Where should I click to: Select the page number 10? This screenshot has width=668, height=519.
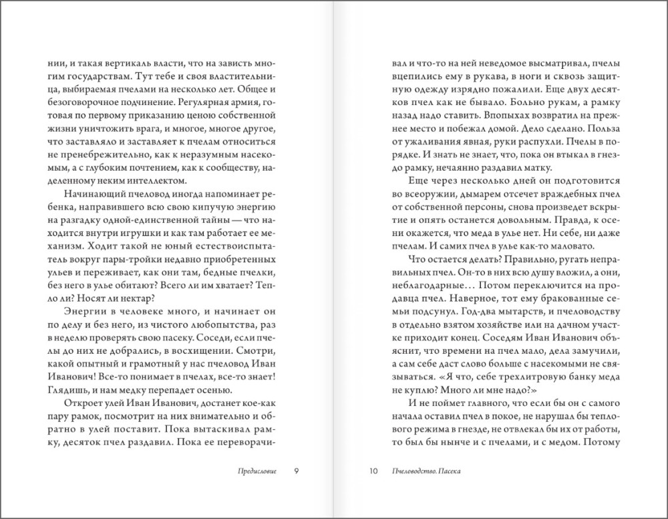tap(373, 470)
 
